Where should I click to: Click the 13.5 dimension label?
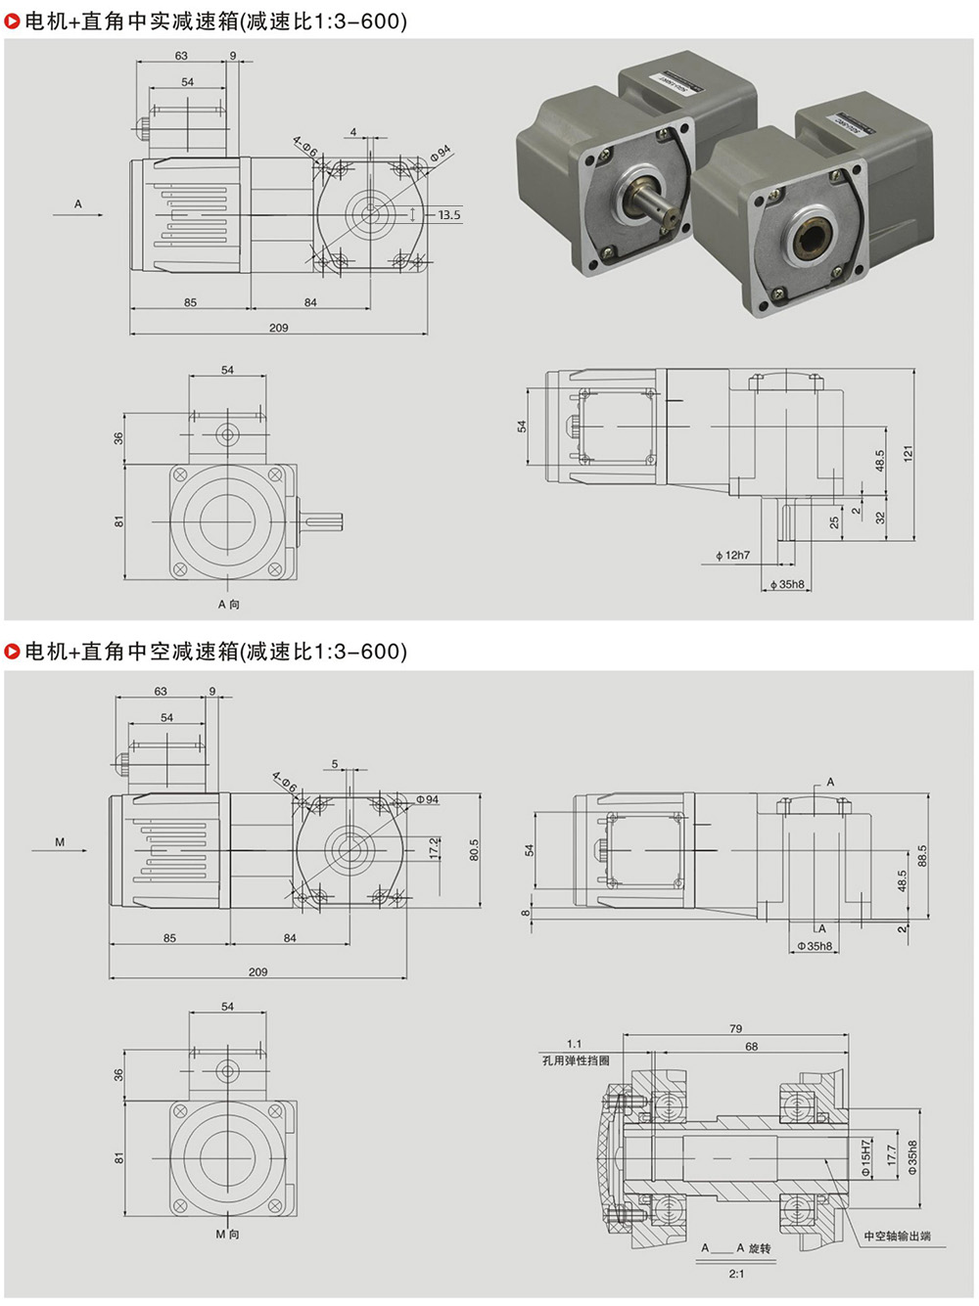448,215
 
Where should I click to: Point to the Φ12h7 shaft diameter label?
732,556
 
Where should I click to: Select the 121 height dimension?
909,454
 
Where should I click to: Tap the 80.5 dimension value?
475,849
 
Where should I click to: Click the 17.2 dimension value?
434,847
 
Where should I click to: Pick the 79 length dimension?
735,1029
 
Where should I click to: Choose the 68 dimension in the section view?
751,1047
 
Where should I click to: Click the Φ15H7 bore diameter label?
865,1156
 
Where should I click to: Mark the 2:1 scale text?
736,1274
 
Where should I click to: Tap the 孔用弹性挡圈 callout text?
576,1060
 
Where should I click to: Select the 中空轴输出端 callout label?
897,1237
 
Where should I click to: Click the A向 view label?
228,605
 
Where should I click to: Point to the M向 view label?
227,1235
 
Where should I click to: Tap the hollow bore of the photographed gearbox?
814,235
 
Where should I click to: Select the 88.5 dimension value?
922,856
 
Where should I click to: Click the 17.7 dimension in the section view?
891,1156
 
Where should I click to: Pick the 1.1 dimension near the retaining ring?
574,1044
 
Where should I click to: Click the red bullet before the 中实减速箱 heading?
13,22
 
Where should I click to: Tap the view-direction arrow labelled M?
72,849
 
